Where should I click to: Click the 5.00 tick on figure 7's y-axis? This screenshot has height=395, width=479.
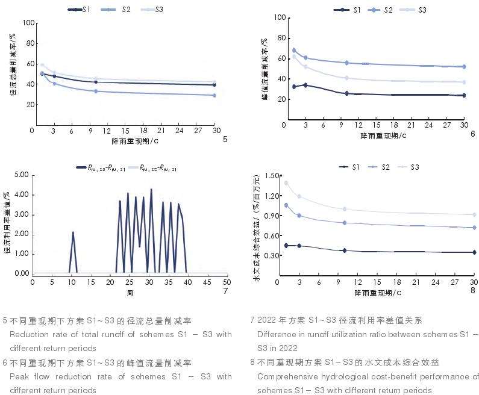coord(21,175)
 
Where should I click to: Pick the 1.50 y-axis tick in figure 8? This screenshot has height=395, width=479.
coord(272,176)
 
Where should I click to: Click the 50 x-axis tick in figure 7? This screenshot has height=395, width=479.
coord(227,282)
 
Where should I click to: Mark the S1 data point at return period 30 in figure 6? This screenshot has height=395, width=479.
coord(463,95)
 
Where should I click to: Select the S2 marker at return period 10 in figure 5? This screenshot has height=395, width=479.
coord(96,91)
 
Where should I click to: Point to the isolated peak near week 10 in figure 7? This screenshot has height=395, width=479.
coord(73,232)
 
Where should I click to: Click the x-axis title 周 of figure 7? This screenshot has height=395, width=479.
coord(130,292)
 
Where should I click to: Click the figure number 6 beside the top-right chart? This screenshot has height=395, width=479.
coord(473,134)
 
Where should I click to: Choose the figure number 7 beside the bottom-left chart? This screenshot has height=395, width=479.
coord(225,291)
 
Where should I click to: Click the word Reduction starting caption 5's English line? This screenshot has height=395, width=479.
coord(27,334)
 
